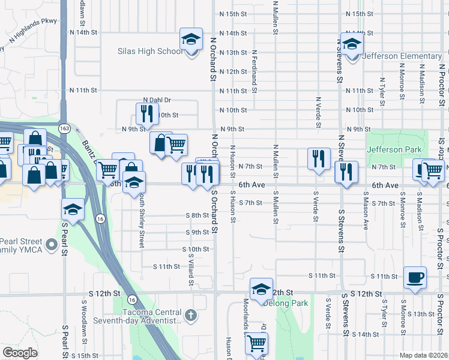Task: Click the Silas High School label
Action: coord(150,52)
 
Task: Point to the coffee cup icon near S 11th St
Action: coord(415,277)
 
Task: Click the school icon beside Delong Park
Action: coord(261,290)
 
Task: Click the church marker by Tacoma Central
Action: coord(191,314)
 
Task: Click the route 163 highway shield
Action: coord(64,128)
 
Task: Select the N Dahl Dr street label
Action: coord(157,100)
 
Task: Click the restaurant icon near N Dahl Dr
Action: coord(146,113)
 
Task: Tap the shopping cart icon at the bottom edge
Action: coord(256,344)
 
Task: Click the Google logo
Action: coord(20,353)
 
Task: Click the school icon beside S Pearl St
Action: coord(73,209)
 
